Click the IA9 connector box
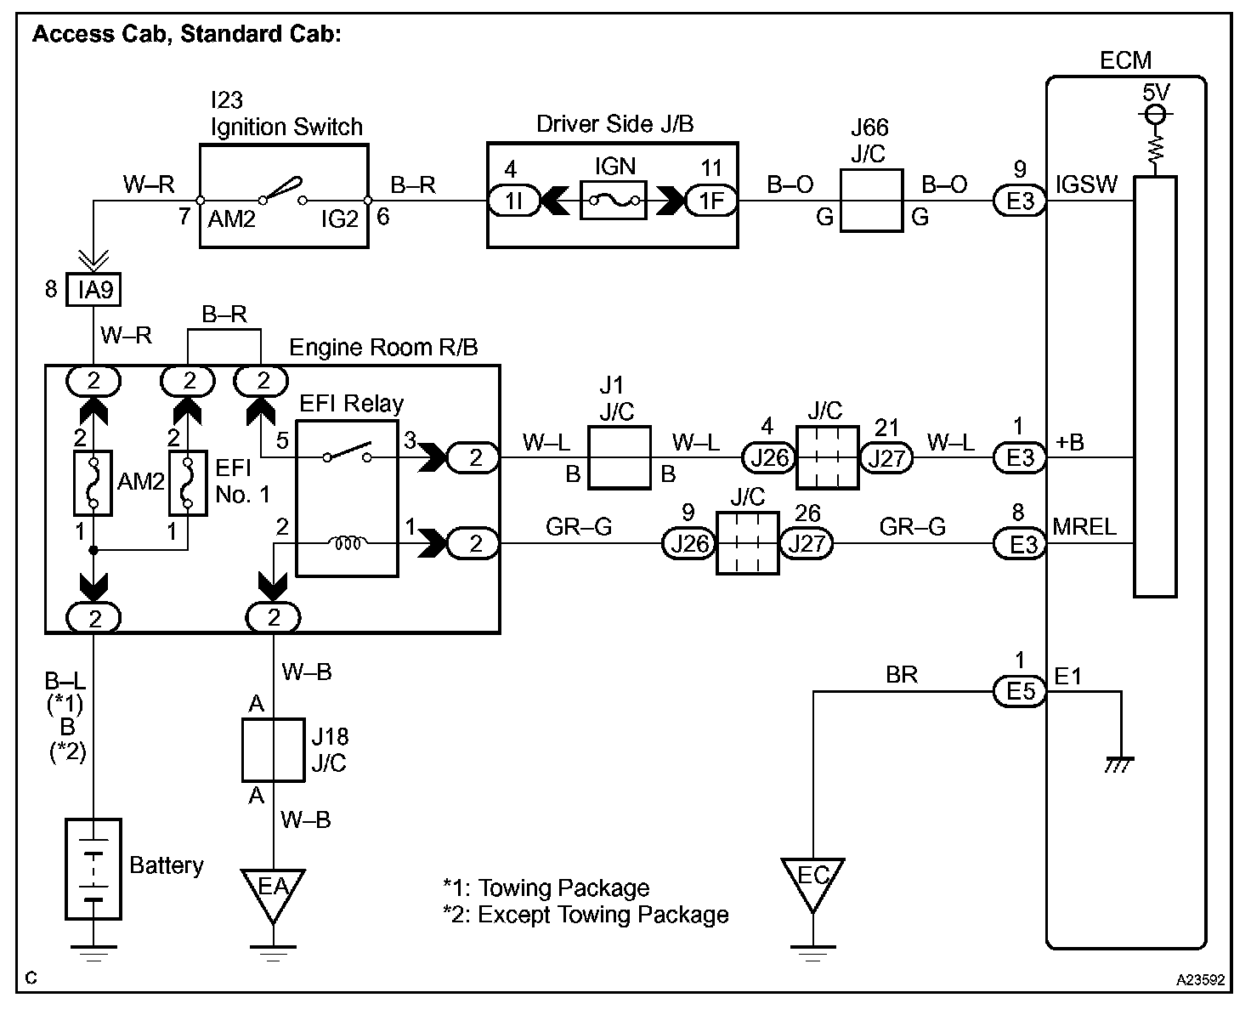click(95, 291)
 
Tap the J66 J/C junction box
click(871, 201)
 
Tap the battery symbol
click(93, 868)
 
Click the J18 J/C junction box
click(273, 749)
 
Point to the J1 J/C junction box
click(619, 456)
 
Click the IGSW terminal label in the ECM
click(1085, 184)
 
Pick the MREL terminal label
click(1084, 526)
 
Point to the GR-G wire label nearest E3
click(912, 527)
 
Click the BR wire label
click(901, 674)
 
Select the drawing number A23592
click(1200, 979)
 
